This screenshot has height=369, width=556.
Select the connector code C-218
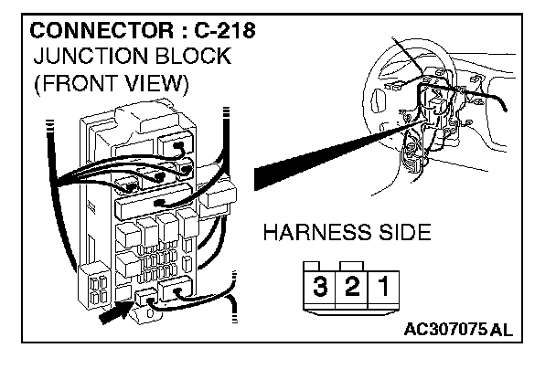(219, 29)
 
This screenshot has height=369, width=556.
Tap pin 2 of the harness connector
(351, 286)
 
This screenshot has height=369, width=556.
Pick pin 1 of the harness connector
(382, 286)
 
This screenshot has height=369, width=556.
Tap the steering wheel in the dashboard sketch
(393, 100)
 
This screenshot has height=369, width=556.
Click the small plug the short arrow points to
(145, 297)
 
